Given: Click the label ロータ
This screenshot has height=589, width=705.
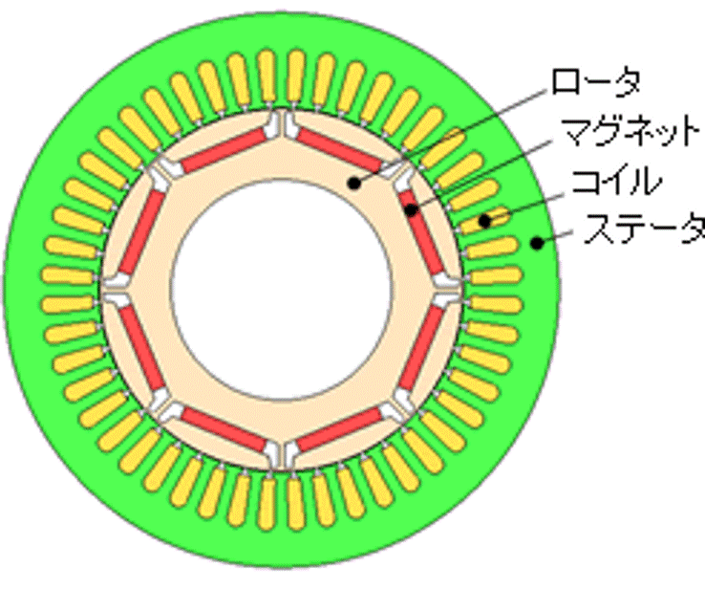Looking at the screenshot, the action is point(595,82).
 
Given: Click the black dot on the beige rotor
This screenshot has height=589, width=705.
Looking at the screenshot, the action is point(354,183).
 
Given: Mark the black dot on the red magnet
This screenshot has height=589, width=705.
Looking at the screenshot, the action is point(411,209).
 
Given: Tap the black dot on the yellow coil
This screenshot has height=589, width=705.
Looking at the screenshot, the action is point(484,221).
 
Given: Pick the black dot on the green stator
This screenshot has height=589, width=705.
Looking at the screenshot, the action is point(537,243).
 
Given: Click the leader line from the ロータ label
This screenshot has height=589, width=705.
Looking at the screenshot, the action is point(453,135).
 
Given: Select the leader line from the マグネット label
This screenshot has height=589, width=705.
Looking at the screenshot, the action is point(481,175).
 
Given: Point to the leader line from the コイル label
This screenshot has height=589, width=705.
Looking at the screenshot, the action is point(524,207).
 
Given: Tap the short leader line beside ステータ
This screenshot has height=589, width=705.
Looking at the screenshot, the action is point(555,237).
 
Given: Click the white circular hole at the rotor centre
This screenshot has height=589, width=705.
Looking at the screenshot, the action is point(282,291).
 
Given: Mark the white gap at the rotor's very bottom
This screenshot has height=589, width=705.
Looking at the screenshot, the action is point(282,454).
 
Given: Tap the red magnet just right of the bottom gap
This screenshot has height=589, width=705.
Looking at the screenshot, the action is point(339,428).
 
